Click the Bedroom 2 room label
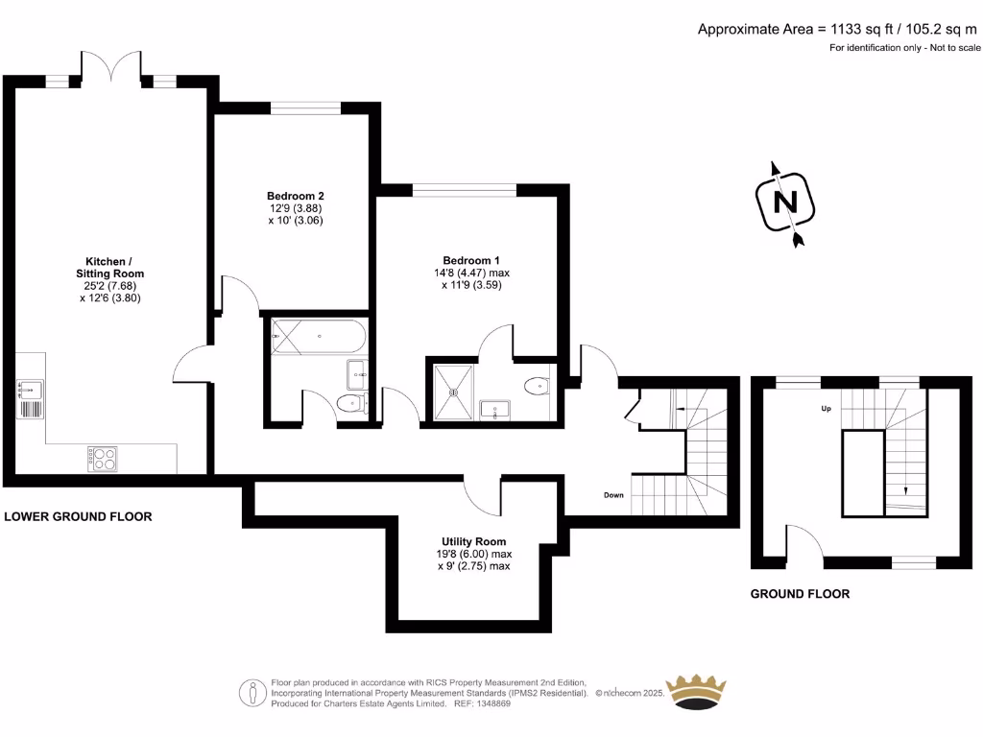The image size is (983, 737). coord(295,196)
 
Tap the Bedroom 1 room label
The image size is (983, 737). coord(470,260)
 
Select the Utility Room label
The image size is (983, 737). coord(473,541)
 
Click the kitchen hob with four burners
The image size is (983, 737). coord(102,458)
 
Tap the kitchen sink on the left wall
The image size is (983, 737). coord(31,389)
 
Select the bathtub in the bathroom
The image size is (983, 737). coord(316,334)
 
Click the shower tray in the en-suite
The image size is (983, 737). coord(452,392)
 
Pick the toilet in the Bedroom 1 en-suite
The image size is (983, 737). coord(537,387)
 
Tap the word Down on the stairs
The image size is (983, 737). coord(614,496)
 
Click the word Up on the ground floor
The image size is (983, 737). coord(824,409)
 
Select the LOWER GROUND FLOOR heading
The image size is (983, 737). coord(79,516)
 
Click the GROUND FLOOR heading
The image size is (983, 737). coord(800,594)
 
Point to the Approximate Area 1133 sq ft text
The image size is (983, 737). coord(838,29)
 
